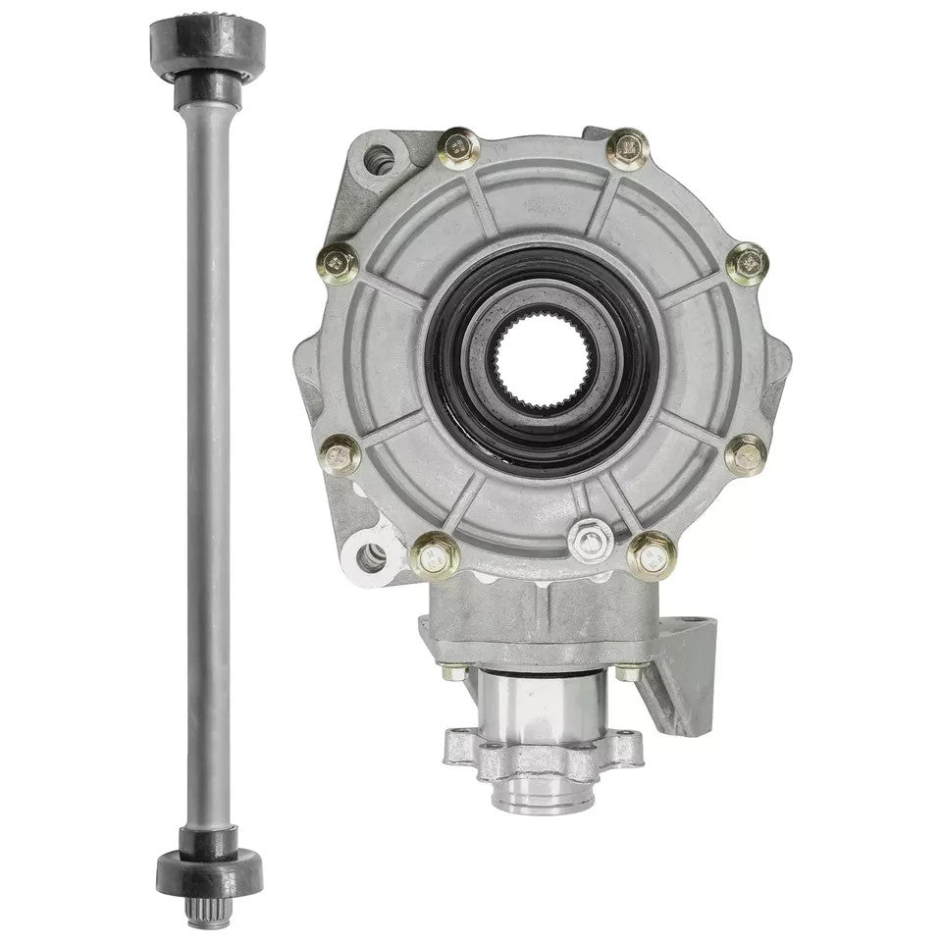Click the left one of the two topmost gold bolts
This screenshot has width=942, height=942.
(458, 149)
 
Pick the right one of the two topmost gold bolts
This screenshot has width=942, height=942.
(628, 149)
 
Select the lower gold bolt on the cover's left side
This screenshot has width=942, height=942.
(340, 453)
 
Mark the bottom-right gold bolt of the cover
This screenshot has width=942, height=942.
(653, 555)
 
